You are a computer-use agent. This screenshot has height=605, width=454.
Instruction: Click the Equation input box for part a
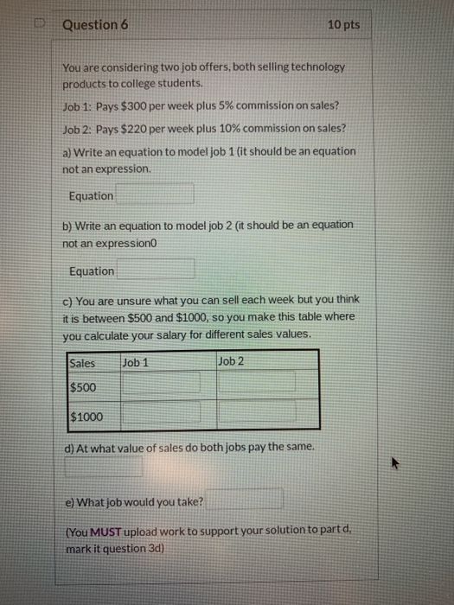point(155,195)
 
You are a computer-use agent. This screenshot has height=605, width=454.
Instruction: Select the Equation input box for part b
point(156,271)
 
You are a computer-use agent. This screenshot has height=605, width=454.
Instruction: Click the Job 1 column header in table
point(137,362)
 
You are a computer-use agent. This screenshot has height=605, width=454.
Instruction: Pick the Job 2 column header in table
point(232,360)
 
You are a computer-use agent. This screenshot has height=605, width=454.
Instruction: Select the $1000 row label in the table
point(86,417)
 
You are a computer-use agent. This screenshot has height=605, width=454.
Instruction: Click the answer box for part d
point(105,468)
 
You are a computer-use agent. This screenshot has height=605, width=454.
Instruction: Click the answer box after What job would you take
point(244,499)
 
